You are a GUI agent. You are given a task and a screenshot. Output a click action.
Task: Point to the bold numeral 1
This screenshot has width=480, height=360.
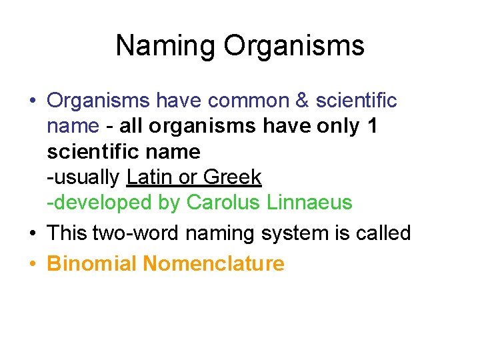click(x=372, y=126)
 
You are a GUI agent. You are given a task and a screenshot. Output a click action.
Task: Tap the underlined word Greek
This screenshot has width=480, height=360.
click(x=232, y=177)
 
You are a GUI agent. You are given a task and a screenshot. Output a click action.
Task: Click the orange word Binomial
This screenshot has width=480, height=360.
click(x=92, y=264)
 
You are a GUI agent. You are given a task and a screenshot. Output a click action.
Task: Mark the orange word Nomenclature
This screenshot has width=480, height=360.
click(x=213, y=264)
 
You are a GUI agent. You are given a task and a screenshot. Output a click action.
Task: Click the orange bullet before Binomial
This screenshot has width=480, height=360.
click(x=33, y=265)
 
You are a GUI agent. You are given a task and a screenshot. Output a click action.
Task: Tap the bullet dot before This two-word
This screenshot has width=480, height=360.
click(x=33, y=234)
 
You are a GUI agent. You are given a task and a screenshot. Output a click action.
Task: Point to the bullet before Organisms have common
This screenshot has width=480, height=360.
click(x=33, y=101)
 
